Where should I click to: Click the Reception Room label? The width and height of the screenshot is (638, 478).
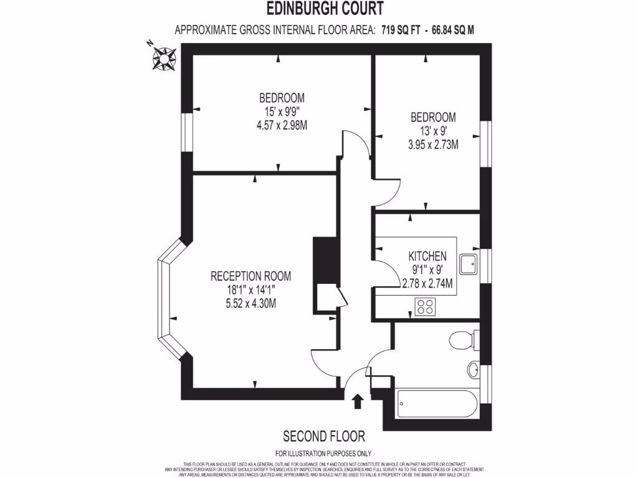click(x=250, y=276)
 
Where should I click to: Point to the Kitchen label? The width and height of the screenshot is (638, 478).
click(x=427, y=256)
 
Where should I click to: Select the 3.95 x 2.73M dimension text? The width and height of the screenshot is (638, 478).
click(x=432, y=145)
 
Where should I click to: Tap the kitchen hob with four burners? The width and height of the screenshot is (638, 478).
click(x=426, y=306)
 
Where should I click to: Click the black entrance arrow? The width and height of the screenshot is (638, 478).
click(x=358, y=401)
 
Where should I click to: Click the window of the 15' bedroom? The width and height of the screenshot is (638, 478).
click(x=186, y=131)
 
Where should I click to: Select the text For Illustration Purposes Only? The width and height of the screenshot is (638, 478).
click(x=323, y=454)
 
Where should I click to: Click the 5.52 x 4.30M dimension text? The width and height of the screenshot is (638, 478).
click(x=250, y=304)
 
